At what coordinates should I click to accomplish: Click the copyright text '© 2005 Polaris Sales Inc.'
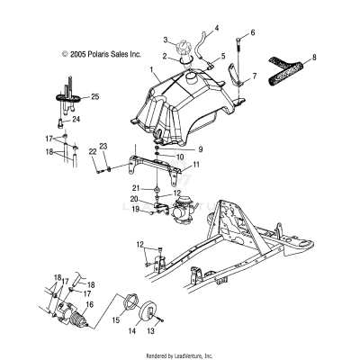coord(101,54)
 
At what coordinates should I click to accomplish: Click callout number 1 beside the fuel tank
coord(153,68)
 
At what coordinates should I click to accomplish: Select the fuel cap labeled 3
coord(187,44)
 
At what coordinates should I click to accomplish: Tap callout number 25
coord(95,94)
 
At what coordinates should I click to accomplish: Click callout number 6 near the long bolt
coord(253,33)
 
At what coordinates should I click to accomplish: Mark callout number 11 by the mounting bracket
coord(197,165)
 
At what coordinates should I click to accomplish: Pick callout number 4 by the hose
coord(216,28)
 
